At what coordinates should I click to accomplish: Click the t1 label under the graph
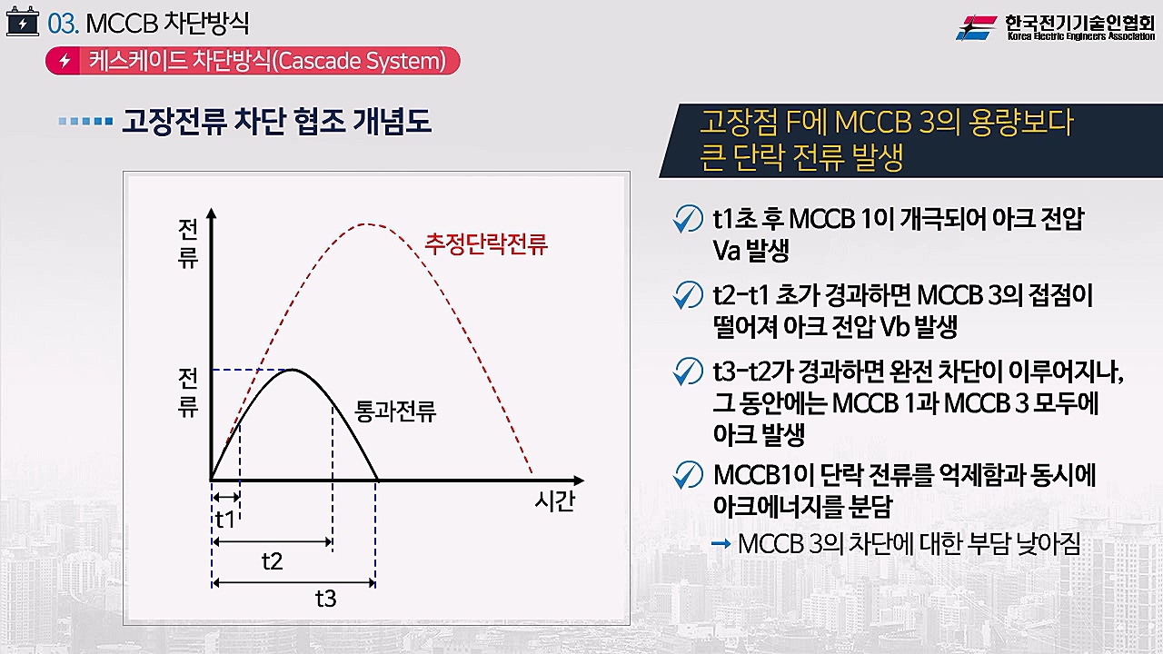pos(225,519)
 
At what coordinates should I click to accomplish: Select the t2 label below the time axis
pos(272,561)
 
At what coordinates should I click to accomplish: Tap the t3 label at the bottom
pos(326,599)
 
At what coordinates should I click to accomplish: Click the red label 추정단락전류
pos(486,244)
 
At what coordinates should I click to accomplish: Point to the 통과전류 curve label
pos(395,411)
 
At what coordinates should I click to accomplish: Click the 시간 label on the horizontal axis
pos(554,501)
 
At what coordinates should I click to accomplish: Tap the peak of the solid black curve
pos(293,370)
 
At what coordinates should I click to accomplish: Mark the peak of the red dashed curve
pos(366,224)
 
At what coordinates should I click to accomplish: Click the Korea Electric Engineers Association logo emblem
pos(976,27)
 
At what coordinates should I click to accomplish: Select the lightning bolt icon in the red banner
pos(65,61)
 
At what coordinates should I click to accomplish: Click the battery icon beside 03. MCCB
pos(23,24)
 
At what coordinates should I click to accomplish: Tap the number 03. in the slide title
pos(64,24)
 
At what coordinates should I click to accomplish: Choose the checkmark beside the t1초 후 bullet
pos(688,219)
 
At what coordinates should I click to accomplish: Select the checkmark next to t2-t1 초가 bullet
pos(688,295)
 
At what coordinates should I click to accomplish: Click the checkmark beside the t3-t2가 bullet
pos(688,372)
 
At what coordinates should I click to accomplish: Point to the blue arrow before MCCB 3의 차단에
pos(721,544)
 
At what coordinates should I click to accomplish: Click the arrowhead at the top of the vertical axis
pos(212,213)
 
